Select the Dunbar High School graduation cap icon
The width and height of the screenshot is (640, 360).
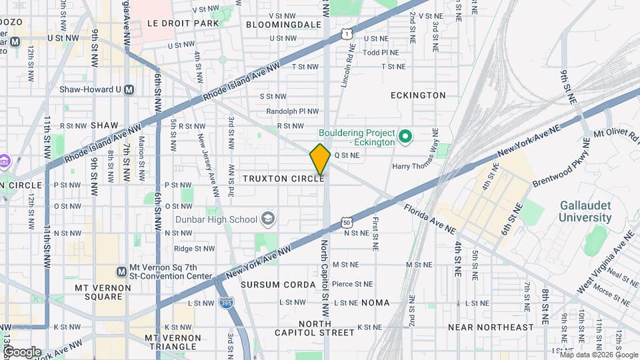point(267,219)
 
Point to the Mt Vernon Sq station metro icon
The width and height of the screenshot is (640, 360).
point(121,271)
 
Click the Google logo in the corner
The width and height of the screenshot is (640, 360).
point(22,351)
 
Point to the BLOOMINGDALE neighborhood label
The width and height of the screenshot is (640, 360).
point(283,24)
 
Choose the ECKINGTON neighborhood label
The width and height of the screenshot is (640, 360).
point(418,95)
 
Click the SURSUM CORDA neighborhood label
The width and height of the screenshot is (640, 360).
point(278,285)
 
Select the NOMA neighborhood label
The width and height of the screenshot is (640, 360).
point(375,303)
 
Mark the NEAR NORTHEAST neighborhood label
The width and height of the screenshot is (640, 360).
point(491,327)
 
